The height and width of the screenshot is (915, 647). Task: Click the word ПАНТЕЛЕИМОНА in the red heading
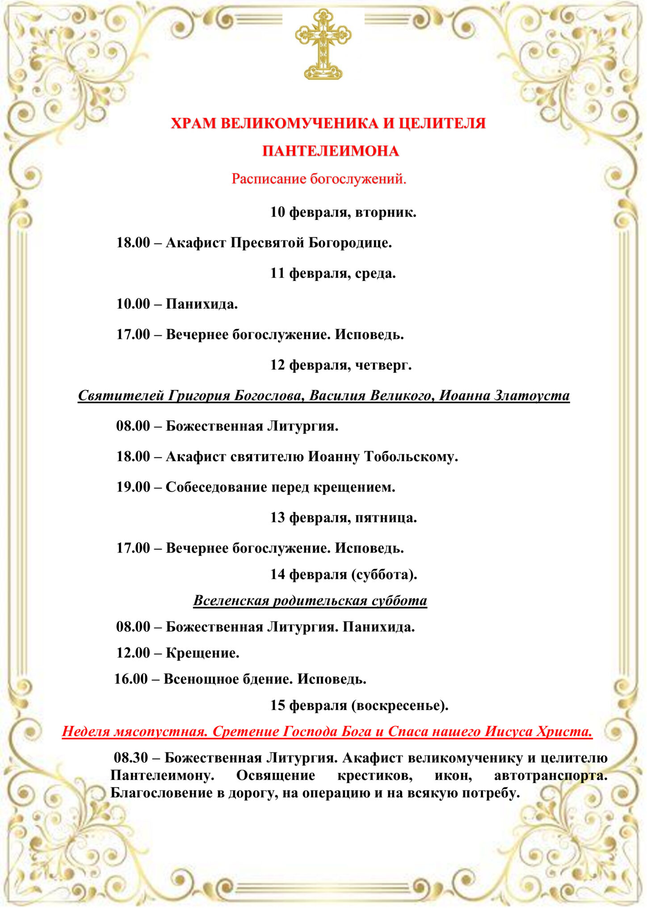[x=330, y=151]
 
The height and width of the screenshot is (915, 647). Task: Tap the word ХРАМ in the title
[x=193, y=123]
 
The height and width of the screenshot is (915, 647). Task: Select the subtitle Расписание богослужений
[x=319, y=179]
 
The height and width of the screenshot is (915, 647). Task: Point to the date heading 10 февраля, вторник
[x=343, y=212]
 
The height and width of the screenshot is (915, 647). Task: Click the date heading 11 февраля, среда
[x=332, y=273]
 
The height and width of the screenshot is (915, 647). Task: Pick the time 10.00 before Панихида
[x=133, y=304]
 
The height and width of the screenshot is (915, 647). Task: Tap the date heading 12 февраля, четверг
[x=340, y=365]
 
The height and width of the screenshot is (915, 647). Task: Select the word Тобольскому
[x=411, y=457]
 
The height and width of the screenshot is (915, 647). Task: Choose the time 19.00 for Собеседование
[x=133, y=487]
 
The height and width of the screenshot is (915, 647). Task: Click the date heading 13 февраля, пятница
[x=343, y=517]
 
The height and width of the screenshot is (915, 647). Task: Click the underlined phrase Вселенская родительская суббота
[x=310, y=600]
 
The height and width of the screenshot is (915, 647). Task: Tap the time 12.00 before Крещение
[x=133, y=653]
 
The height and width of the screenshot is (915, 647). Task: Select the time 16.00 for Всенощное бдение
[x=131, y=679]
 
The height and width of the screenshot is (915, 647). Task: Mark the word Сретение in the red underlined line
[x=244, y=731]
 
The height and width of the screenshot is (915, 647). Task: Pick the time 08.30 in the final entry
[x=130, y=758]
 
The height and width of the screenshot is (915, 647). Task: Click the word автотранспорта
[x=550, y=775]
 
